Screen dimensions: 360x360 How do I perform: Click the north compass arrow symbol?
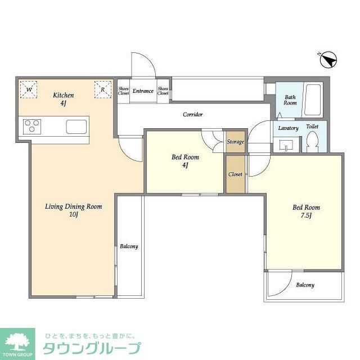(328, 58)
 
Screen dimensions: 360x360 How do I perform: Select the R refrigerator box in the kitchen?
(102, 89)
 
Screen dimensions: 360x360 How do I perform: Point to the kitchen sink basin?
(75, 126)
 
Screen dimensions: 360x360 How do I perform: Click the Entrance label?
(143, 91)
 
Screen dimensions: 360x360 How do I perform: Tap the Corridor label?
(192, 115)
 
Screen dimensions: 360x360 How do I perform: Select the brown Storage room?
(235, 142)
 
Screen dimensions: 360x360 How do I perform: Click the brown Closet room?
(235, 174)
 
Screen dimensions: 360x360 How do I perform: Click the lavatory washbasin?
(288, 147)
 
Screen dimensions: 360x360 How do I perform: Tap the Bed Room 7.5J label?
(306, 211)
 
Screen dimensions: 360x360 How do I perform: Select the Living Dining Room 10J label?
(73, 210)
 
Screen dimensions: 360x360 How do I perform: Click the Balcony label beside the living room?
(129, 246)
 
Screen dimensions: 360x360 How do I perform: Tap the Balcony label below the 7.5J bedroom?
(305, 285)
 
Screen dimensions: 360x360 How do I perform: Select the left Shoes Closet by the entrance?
(123, 91)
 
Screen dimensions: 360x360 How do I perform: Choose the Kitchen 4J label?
(64, 99)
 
